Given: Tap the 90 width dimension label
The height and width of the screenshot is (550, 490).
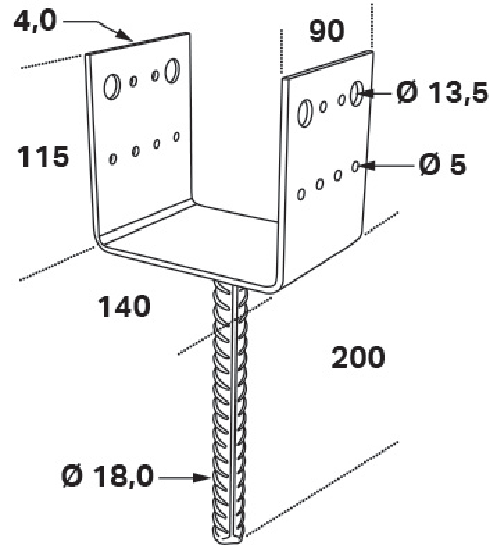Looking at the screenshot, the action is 327,31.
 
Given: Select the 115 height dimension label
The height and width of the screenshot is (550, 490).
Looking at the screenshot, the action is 43,156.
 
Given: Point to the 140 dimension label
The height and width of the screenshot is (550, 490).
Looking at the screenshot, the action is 124,307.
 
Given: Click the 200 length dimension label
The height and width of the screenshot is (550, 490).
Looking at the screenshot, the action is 358,358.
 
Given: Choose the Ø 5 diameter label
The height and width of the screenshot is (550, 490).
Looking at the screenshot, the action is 442,165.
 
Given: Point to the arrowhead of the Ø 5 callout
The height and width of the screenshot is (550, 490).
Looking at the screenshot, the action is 366,166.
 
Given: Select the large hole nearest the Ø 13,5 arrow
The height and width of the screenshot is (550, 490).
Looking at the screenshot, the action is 356,94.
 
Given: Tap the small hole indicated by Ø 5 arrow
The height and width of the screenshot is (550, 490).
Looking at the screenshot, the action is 355,167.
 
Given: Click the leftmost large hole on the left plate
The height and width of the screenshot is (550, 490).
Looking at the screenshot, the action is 112,87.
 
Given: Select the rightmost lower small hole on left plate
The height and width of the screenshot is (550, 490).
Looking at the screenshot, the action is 176,137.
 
